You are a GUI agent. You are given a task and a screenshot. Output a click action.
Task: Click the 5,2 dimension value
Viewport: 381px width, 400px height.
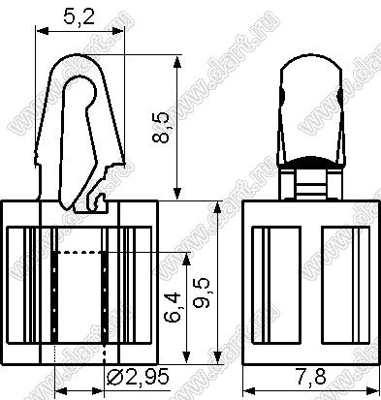tap(79, 16)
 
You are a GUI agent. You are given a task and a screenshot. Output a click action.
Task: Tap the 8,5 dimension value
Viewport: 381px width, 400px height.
tap(161, 127)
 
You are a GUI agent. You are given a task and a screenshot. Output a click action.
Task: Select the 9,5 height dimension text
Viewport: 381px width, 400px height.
tap(203, 293)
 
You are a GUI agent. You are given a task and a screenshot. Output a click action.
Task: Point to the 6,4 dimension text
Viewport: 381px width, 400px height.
tap(173, 308)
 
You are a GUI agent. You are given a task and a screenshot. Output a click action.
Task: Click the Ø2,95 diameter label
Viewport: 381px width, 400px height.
tap(138, 376)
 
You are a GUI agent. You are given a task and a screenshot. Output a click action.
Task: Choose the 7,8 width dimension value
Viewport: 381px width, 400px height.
tap(310, 376)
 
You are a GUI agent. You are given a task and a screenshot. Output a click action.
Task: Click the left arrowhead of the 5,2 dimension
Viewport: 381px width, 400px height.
tap(43, 31)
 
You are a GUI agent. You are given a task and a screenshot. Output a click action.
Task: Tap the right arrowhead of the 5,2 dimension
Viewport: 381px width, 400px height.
tap(117, 31)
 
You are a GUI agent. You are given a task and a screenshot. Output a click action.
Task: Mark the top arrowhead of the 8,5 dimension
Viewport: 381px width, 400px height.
tap(176, 62)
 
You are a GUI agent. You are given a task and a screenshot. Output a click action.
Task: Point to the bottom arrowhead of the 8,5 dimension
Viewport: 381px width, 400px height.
tap(176, 194)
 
